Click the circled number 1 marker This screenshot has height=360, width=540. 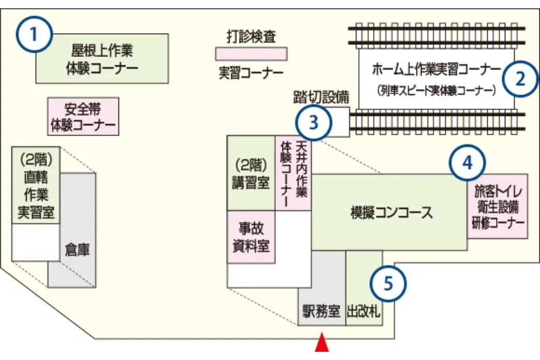pos(35,35)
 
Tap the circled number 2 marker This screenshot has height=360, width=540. pos(521,79)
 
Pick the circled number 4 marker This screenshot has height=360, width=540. pos(467,163)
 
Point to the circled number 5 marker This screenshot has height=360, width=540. pos(388,283)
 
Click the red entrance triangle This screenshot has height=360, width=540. pos(322,343)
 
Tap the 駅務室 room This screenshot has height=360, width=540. pos(321,312)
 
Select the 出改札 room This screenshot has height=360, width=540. pos(364,312)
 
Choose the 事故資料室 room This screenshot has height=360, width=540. pos(251,237)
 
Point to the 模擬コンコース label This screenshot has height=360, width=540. pos(392,213)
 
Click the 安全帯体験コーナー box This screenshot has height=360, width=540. pos(83,117)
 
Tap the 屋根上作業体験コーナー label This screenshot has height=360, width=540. pos(102,59)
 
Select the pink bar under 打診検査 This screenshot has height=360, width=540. pos(251,54)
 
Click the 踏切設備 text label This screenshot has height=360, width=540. pos(321,96)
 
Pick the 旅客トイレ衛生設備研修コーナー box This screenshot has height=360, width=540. pos(497,206)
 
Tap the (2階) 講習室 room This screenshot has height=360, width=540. pos(251,174)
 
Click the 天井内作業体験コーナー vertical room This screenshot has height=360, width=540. pos(293,174)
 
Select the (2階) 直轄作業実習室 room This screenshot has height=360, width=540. pos(36,185)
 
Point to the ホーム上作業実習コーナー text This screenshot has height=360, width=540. pos(436,69)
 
